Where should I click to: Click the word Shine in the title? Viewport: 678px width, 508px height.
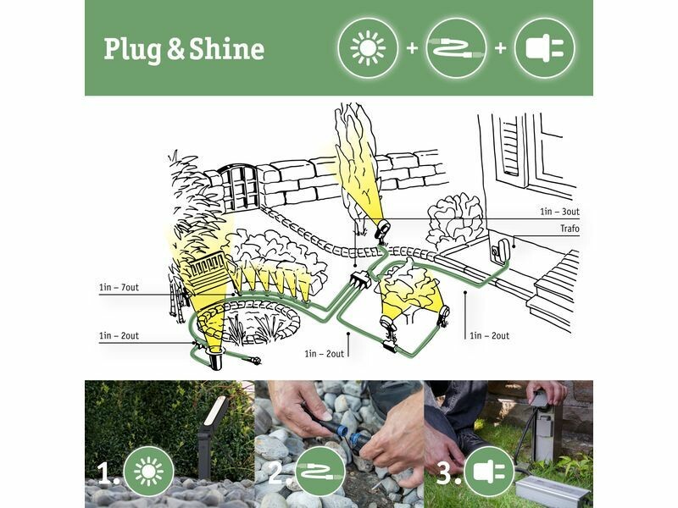tap(227, 48)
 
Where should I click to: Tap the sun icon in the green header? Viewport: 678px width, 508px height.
tap(368, 48)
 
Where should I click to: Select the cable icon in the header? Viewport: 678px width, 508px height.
tap(456, 48)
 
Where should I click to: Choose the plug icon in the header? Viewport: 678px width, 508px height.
tap(545, 48)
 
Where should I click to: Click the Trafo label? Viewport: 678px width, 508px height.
tap(570, 229)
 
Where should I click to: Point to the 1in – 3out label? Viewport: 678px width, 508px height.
tap(559, 212)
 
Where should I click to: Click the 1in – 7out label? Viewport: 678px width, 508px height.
tap(119, 287)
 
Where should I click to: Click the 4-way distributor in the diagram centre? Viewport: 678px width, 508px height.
tap(359, 279)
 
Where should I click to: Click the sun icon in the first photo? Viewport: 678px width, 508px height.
tap(149, 472)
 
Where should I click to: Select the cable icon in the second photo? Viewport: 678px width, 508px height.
tap(320, 472)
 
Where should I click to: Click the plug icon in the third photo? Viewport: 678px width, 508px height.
tap(489, 472)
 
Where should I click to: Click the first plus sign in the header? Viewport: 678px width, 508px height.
tap(413, 48)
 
